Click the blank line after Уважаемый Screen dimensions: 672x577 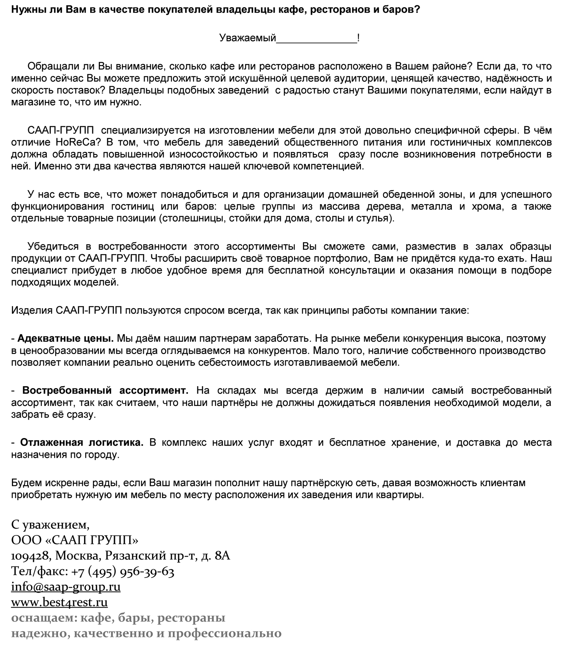316,38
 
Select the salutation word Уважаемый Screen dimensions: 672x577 247,38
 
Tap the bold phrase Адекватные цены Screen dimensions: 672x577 66,339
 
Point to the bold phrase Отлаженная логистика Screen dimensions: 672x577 82,442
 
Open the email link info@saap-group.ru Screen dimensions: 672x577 66,587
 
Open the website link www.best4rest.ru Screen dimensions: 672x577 60,602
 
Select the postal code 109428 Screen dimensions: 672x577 30,556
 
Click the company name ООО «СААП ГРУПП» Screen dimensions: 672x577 75,540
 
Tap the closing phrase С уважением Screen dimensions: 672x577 50,525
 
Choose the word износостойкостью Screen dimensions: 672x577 214,154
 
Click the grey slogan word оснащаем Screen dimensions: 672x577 43,618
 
